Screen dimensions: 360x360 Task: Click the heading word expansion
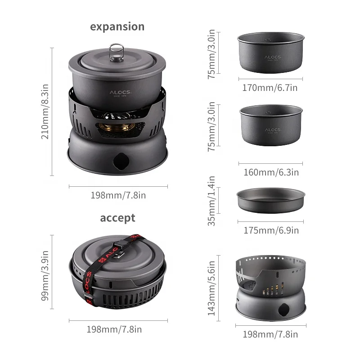click(x=117, y=26)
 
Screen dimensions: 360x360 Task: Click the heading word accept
click(x=117, y=218)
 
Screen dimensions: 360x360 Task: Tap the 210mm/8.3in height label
click(x=45, y=113)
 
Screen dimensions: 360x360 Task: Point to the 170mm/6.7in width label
click(x=270, y=87)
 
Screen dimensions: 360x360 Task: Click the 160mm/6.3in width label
click(x=270, y=172)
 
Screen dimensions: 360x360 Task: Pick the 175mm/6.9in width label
click(x=270, y=230)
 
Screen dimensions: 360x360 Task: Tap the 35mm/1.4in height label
click(x=212, y=201)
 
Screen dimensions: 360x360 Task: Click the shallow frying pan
click(x=271, y=198)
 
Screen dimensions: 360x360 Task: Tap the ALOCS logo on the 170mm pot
click(x=271, y=58)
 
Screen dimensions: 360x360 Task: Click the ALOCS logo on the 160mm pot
click(x=272, y=130)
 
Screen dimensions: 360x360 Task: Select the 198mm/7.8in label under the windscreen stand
click(x=270, y=334)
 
